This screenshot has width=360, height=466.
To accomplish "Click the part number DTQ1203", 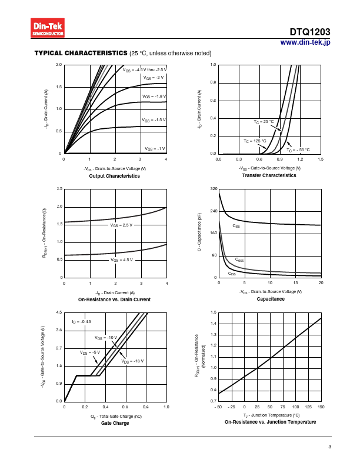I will pos(310,32).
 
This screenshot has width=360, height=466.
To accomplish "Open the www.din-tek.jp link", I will pos(305,42).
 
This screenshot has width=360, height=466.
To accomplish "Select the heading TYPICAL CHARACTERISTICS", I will pos(81,53).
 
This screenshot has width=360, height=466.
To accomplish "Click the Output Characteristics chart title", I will pos(114,176).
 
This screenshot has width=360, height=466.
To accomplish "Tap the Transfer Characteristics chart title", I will pos(270,175).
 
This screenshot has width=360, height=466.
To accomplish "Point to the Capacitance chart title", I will pos(270,299).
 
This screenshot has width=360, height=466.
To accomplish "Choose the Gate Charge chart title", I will pos(115,423).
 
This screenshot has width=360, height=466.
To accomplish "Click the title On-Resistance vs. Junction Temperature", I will pos(270,422).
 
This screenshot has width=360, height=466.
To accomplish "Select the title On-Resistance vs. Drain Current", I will pos(114,299).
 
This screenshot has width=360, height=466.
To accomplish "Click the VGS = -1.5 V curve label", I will pos(154,119).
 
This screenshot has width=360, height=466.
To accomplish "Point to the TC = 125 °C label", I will pos(255,141).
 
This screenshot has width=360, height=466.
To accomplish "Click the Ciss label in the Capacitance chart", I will pos(236,226).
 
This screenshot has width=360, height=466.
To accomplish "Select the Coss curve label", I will pos(239,259).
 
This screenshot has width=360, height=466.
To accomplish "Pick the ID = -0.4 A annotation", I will pos(81,322).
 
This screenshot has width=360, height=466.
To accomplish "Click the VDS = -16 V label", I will pos(132,361).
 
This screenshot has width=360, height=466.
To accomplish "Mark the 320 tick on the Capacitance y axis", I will pos(214,189).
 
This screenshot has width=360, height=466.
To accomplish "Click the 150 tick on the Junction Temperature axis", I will pos(320,407).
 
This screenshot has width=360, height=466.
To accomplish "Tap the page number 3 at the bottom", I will pos(329,447).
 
